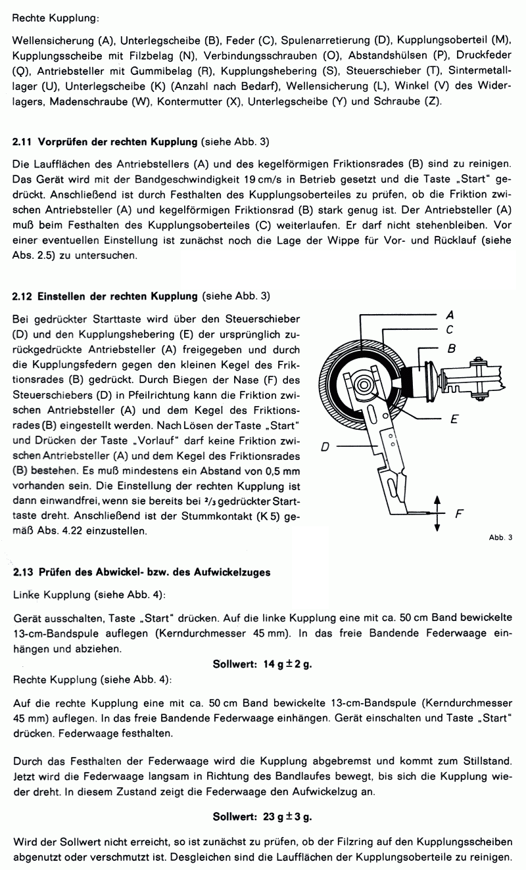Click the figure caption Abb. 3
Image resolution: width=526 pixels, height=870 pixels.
pyautogui.click(x=501, y=538)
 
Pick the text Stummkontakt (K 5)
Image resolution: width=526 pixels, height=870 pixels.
pyautogui.click(x=239, y=518)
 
